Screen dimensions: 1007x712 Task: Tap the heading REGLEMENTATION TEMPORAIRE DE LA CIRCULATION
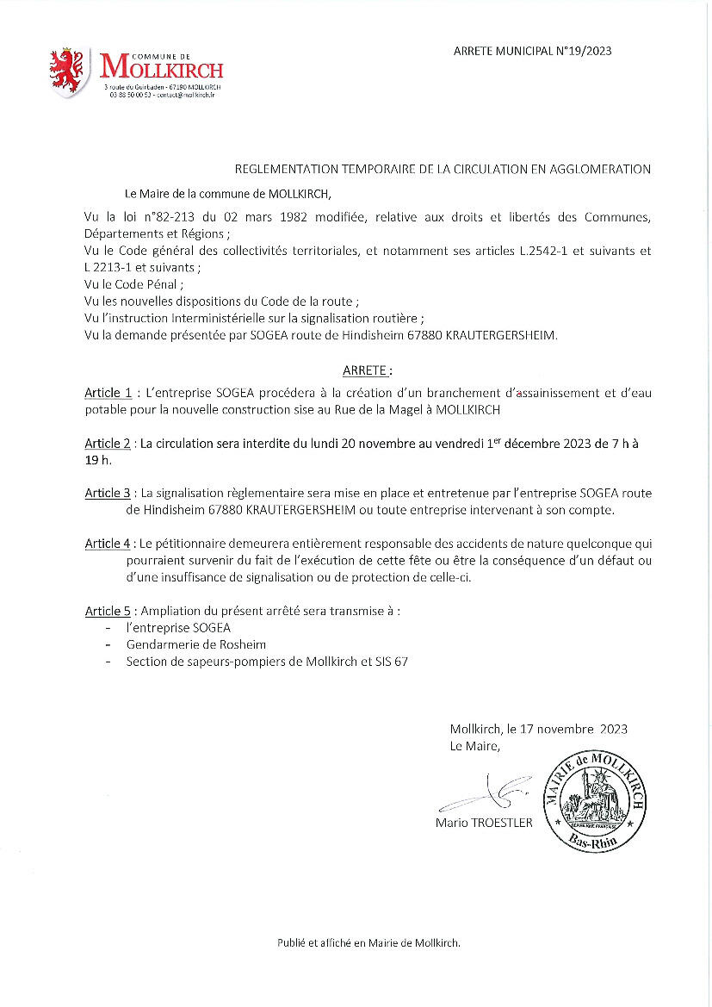click(443, 169)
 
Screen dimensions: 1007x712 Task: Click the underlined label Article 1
click(108, 393)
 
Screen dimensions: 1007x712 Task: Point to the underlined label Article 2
click(107, 444)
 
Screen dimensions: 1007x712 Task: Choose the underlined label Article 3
click(107, 494)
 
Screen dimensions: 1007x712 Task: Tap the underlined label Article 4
click(107, 544)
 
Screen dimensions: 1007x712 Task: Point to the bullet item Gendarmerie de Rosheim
click(196, 644)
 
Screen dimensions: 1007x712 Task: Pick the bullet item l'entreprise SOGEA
click(178, 628)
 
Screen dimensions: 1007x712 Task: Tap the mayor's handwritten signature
click(484, 793)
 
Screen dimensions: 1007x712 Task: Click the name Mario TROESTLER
click(484, 823)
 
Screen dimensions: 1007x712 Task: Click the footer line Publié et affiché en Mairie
click(368, 943)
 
